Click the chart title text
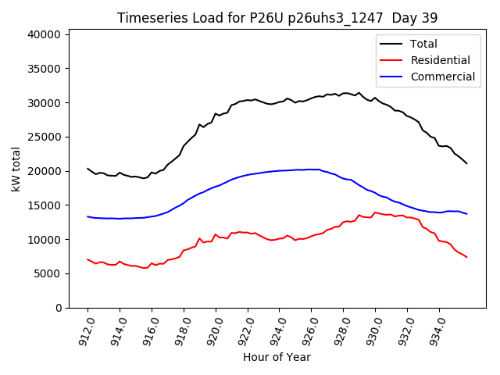[277, 18]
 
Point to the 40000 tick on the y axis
[44, 34]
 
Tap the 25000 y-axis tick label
[44, 137]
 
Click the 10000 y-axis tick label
[44, 239]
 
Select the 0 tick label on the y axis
[58, 308]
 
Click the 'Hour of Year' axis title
[277, 357]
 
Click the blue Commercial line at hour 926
[311, 170]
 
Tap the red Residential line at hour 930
[375, 212]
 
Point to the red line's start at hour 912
[87, 259]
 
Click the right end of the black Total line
[466, 163]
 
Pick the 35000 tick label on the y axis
[44, 69]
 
